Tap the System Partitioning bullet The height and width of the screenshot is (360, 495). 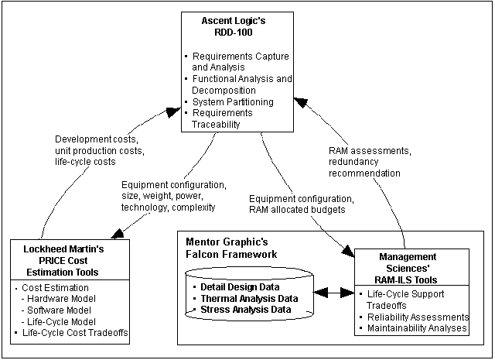coord(228,101)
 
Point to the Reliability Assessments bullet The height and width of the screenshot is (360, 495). coord(418,317)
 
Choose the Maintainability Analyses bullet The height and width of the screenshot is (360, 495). coord(418,328)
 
